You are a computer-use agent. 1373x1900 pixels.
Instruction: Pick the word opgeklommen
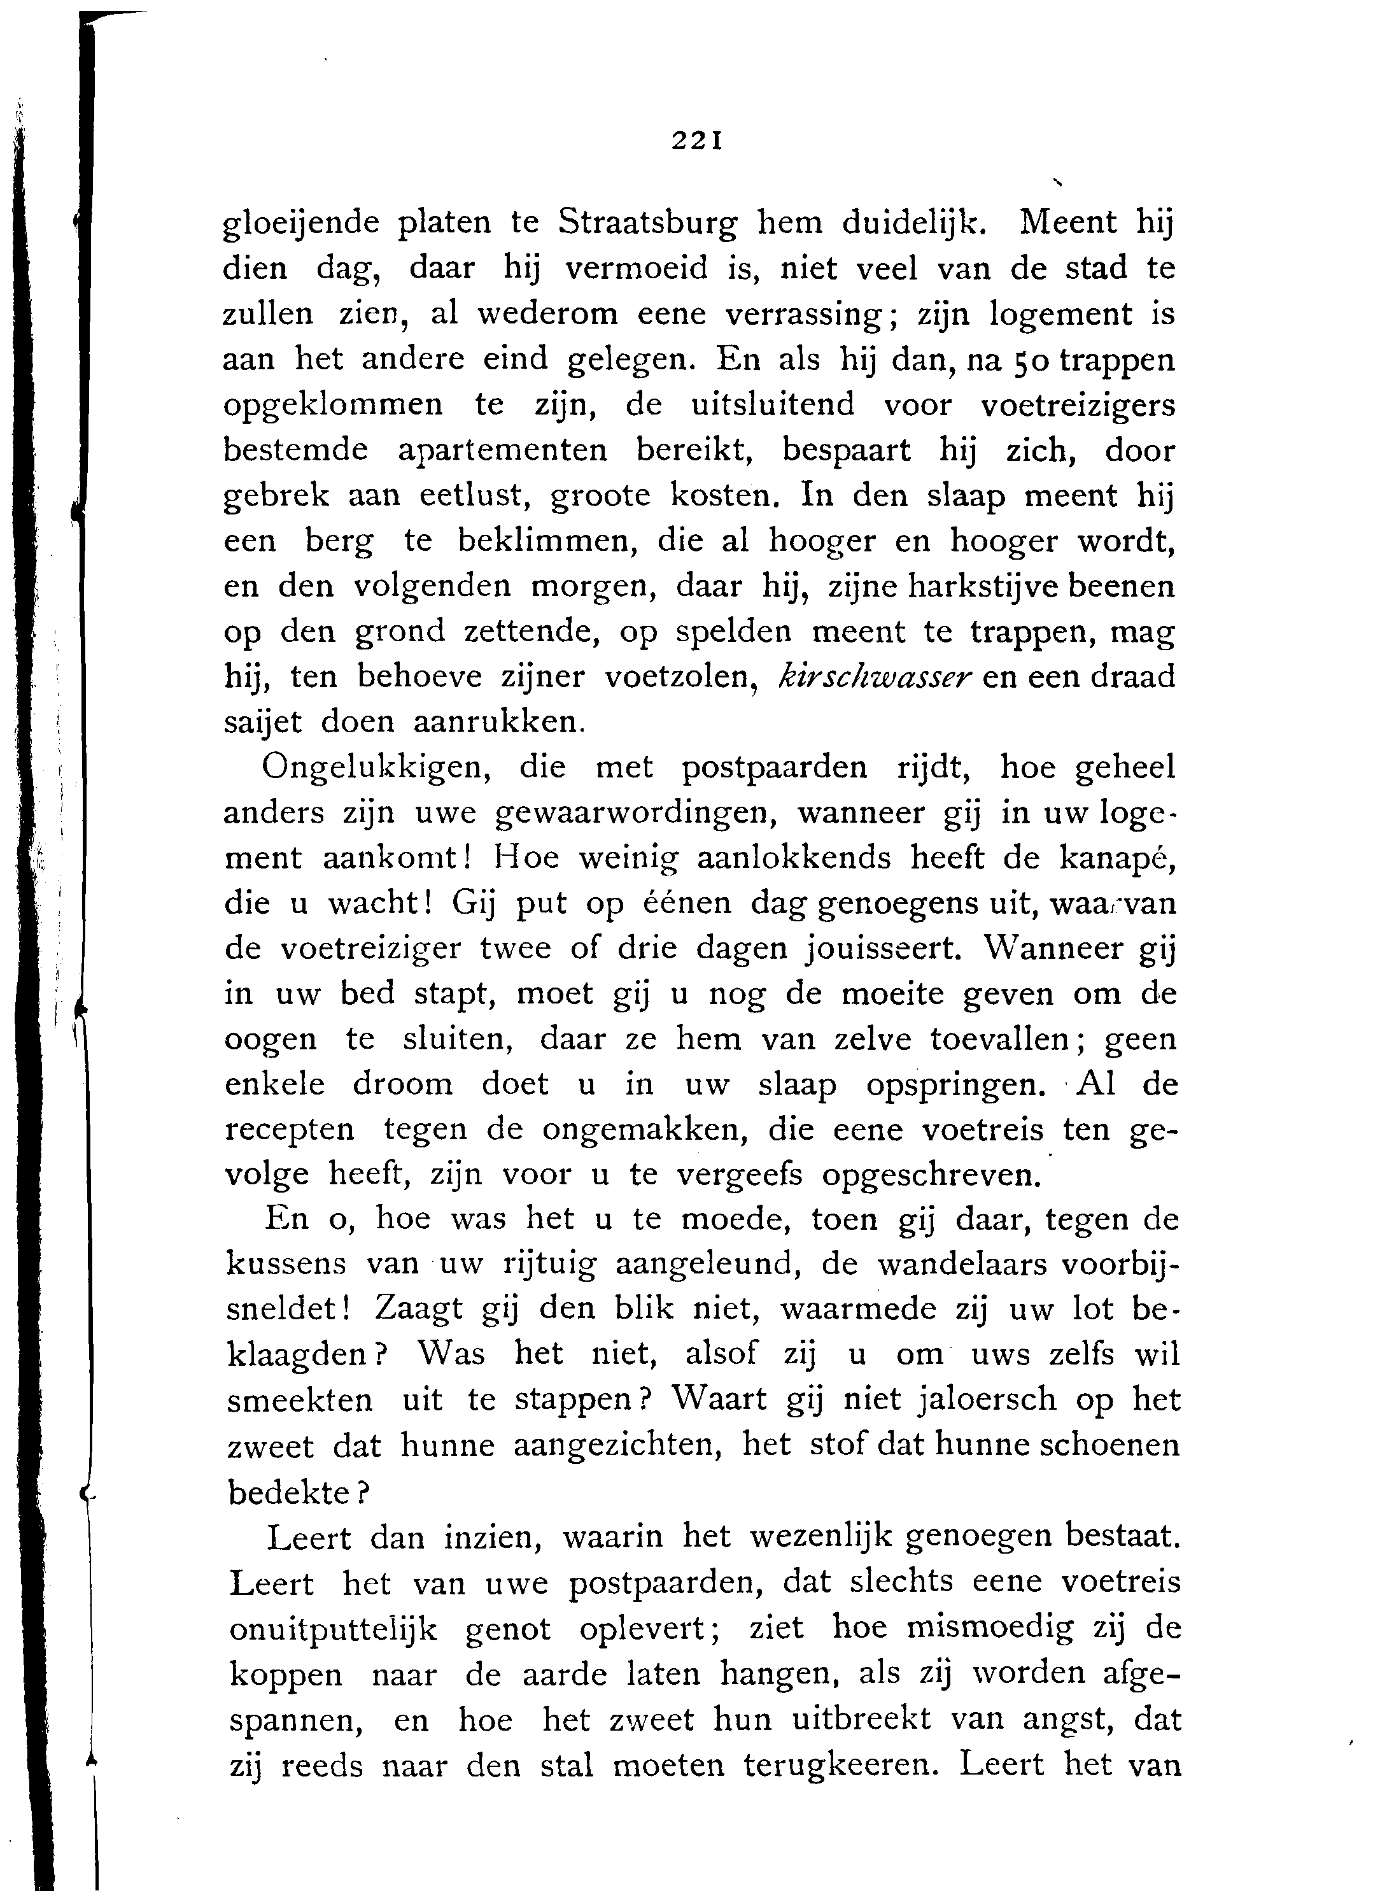(x=334, y=406)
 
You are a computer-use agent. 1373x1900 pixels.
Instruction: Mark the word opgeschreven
(x=931, y=1175)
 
